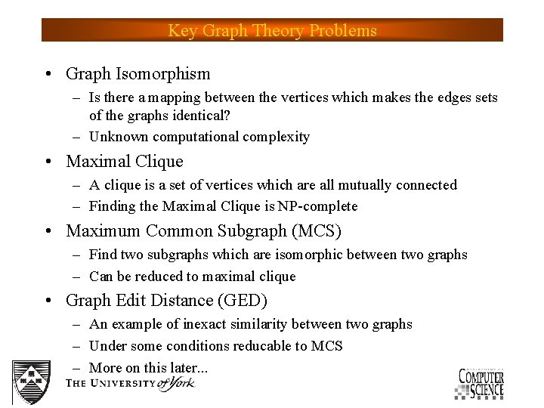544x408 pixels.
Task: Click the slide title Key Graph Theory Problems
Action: click(272, 31)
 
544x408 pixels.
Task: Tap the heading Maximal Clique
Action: click(125, 162)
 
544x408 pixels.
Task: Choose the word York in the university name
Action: click(180, 382)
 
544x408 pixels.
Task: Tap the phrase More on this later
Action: click(147, 368)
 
